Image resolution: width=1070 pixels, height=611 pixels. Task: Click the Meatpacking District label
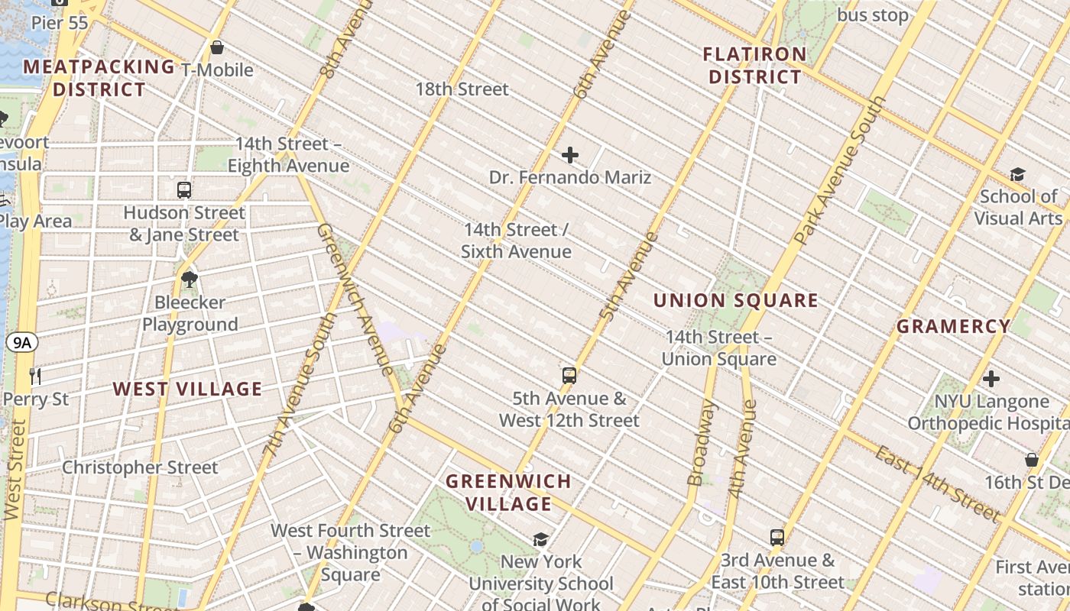tap(99, 78)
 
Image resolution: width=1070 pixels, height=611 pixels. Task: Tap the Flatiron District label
tap(754, 66)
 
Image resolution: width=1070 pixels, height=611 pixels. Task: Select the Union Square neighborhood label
tap(735, 300)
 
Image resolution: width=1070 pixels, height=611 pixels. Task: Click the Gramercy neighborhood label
tap(953, 327)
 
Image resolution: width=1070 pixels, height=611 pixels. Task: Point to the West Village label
tap(187, 389)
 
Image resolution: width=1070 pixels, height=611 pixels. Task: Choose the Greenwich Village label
tap(508, 493)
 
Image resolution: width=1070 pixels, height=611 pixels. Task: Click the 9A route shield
tap(22, 343)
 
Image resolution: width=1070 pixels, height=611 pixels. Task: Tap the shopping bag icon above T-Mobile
tap(217, 47)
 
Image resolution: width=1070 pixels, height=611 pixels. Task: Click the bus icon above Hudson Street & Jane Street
tap(183, 190)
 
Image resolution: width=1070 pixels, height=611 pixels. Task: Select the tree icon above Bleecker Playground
tap(190, 280)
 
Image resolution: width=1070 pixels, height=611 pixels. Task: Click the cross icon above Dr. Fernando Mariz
tap(569, 156)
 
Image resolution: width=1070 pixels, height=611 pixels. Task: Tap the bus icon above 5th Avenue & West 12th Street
tap(569, 375)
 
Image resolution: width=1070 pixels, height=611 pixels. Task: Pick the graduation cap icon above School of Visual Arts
tap(1016, 174)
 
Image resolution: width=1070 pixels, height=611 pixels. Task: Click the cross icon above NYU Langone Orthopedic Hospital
tap(991, 379)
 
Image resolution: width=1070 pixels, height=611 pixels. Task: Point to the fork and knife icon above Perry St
tap(34, 376)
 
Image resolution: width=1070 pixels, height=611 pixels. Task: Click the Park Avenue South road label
tap(841, 170)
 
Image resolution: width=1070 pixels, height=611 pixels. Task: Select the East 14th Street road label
tap(936, 483)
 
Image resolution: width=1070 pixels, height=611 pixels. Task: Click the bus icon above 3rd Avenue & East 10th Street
tap(777, 537)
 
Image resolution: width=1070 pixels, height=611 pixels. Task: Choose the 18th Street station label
tap(462, 89)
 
